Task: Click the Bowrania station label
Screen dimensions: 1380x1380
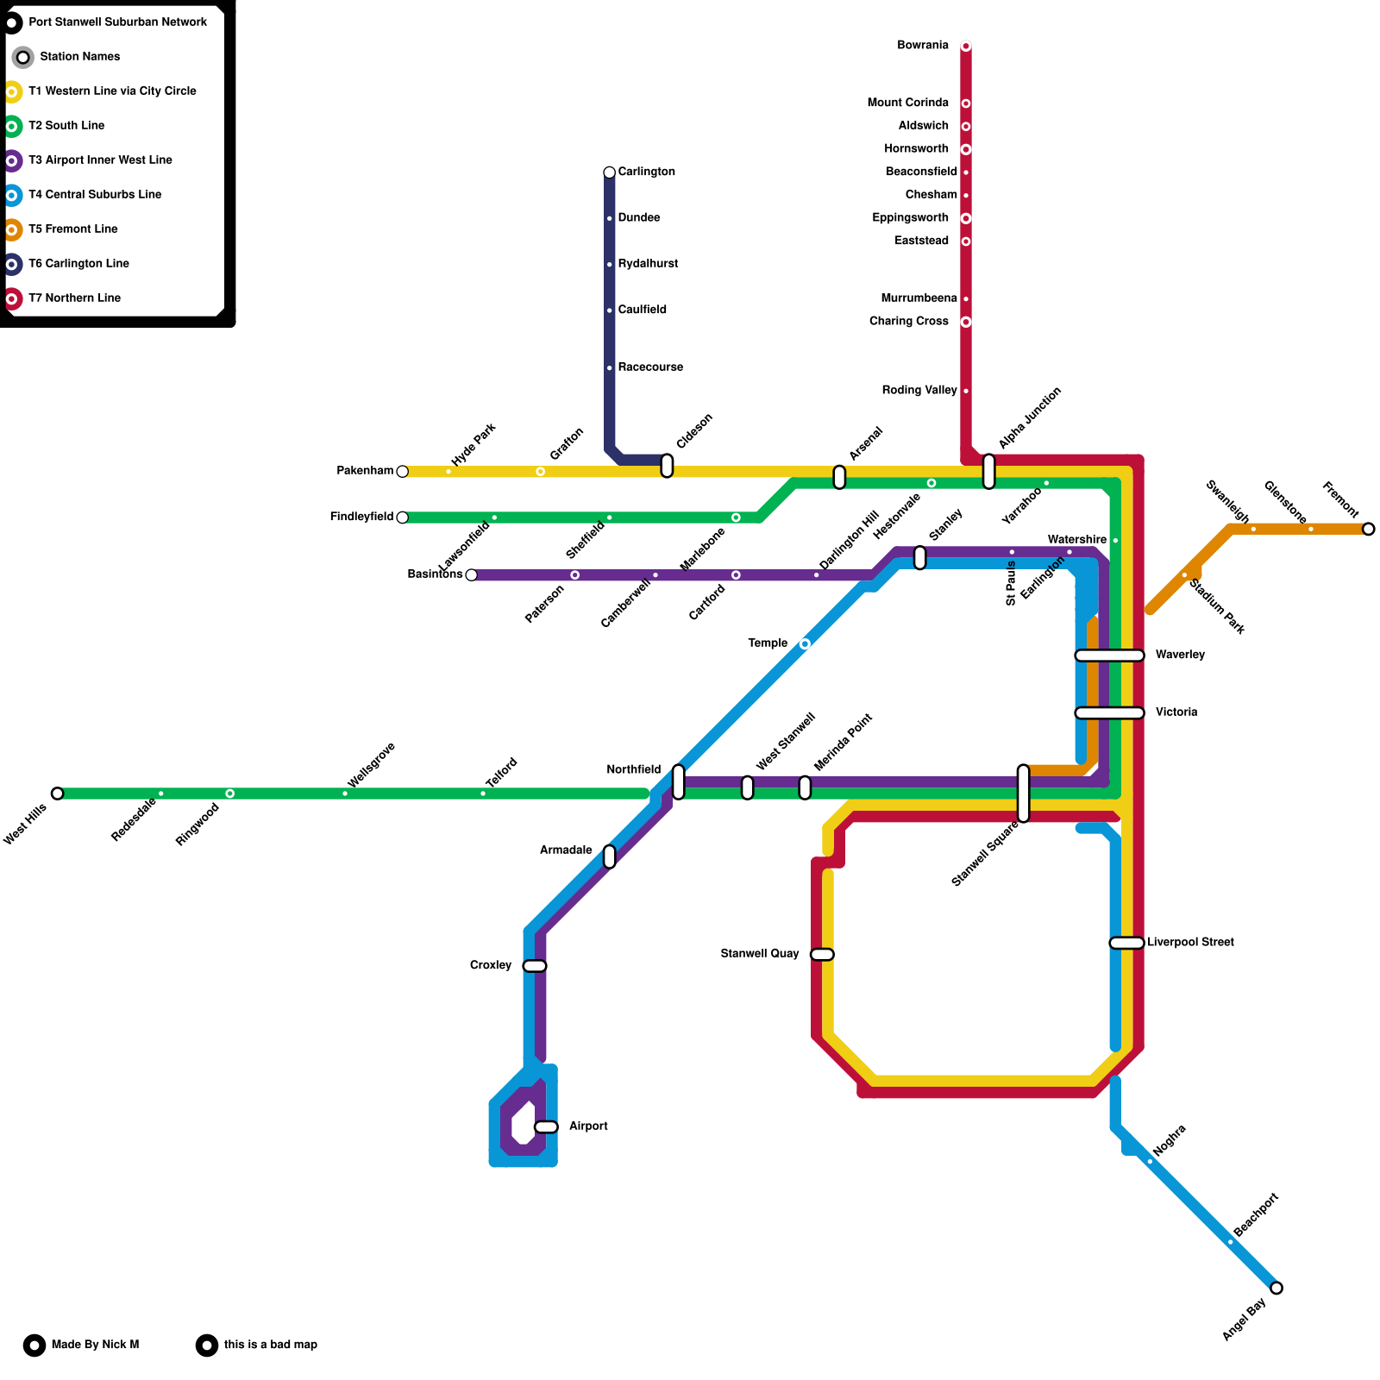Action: [922, 46]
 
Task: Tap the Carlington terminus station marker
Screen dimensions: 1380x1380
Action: [610, 172]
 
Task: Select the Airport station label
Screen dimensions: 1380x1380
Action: [588, 1126]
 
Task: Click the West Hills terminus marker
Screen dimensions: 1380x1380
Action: [57, 793]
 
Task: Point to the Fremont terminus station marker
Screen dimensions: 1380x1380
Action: [1369, 529]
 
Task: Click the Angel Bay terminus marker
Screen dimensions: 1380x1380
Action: [1276, 1289]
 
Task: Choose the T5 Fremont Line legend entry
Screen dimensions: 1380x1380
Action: [72, 229]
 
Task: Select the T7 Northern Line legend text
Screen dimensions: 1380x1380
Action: [74, 298]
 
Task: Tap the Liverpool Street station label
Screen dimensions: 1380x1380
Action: [1190, 943]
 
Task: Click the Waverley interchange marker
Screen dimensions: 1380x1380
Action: [1109, 655]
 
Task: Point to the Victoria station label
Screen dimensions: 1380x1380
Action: [1176, 712]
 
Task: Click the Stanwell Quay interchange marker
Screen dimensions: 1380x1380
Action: [822, 954]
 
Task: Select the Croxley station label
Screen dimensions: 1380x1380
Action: [491, 966]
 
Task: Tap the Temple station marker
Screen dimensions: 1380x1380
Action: [805, 644]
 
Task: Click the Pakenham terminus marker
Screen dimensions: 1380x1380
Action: [402, 472]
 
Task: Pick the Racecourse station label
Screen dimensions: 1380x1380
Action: [650, 367]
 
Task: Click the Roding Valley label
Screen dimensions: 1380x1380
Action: [919, 391]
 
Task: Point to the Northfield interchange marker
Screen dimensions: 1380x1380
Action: [679, 781]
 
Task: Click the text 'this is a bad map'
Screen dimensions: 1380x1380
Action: [270, 1345]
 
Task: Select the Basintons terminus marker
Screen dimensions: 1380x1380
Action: [471, 575]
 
